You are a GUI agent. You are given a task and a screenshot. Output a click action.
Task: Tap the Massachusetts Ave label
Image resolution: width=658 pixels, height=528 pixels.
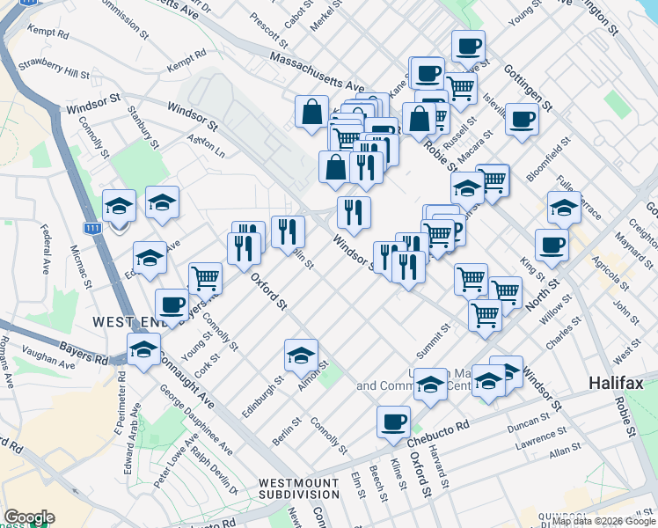click(318, 73)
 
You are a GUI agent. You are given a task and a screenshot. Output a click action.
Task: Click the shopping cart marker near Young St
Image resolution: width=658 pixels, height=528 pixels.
click(205, 278)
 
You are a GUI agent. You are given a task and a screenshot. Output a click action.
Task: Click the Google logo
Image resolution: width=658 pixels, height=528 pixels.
click(28, 517)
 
